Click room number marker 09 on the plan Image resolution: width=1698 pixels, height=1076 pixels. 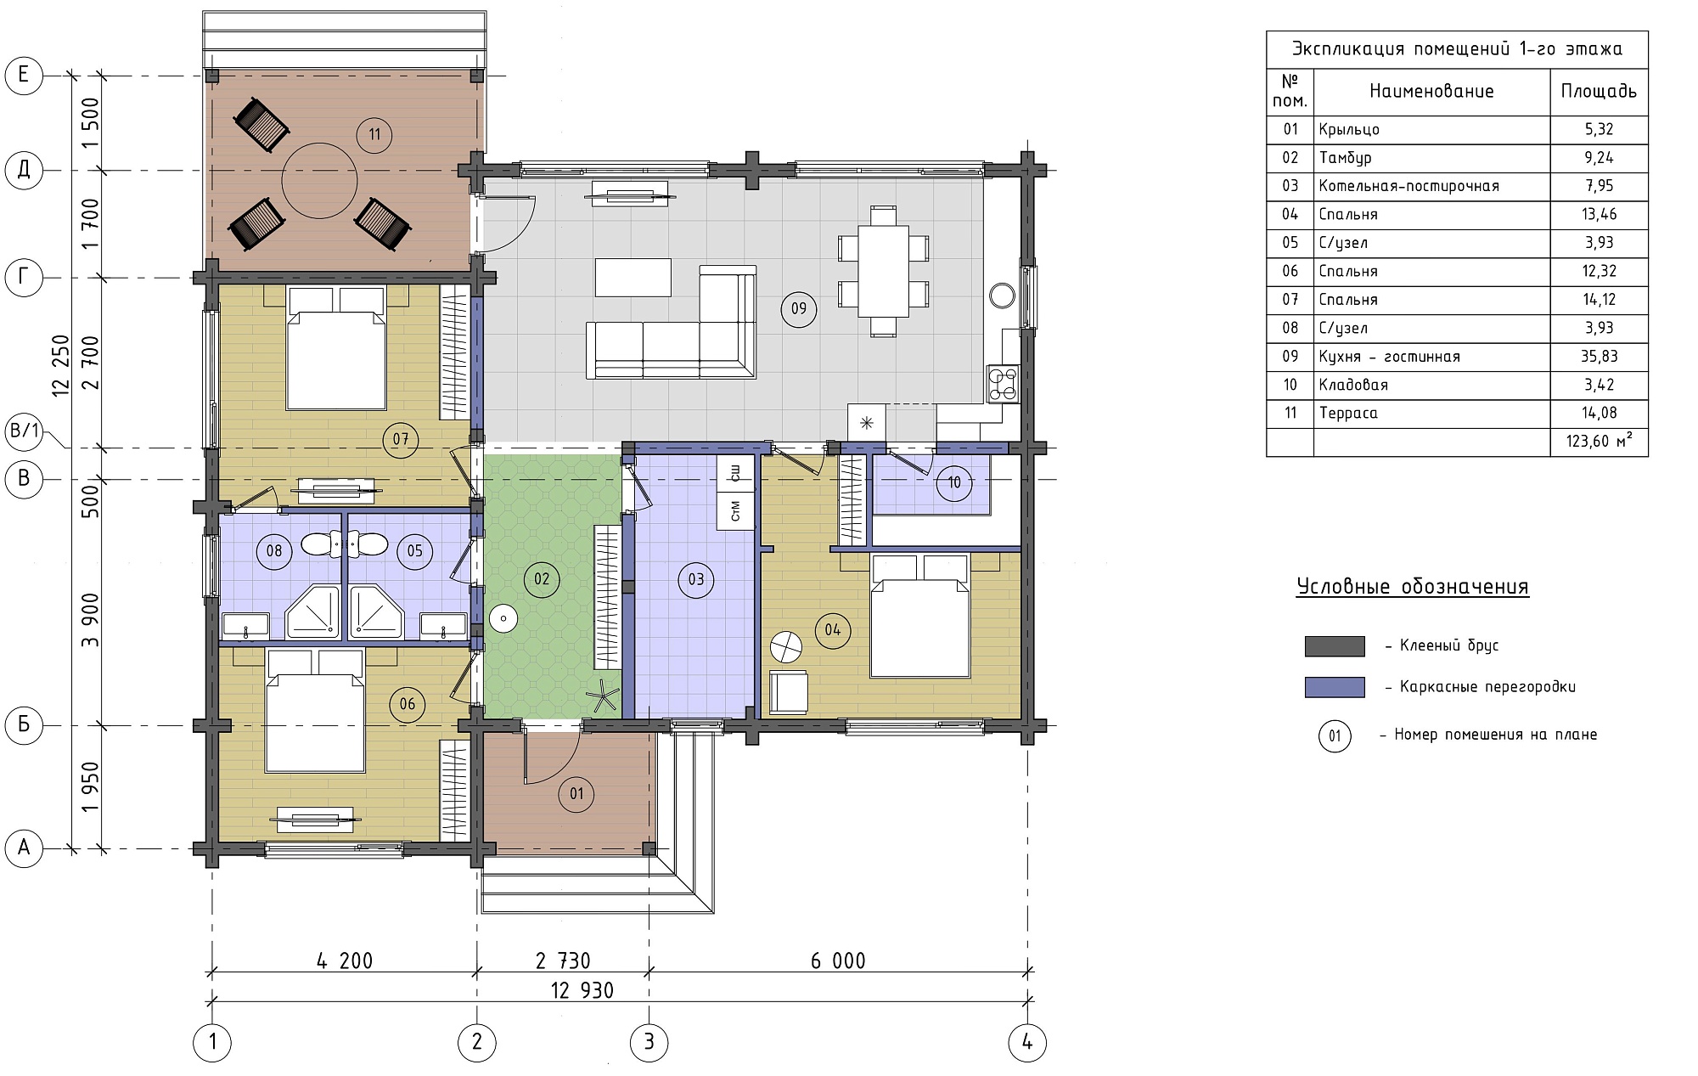tap(799, 308)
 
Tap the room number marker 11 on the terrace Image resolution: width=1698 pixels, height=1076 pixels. tap(374, 134)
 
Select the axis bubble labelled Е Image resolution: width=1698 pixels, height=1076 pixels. tap(24, 75)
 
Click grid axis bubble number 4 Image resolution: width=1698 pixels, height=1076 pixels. tap(1027, 1042)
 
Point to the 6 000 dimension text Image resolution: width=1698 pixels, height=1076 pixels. tap(838, 961)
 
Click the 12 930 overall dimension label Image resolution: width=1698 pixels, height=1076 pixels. tap(582, 990)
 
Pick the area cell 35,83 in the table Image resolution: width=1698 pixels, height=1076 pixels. tap(1599, 357)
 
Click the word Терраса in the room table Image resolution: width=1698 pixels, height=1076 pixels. tap(1348, 414)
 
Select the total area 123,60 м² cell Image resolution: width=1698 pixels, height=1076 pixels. tap(1600, 442)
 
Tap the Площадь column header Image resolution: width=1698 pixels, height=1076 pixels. tap(1599, 91)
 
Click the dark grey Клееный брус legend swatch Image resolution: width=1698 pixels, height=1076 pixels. tap(1335, 646)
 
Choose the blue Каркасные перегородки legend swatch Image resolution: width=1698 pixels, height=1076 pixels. tap(1335, 687)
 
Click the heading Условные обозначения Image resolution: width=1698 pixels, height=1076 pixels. tap(1413, 587)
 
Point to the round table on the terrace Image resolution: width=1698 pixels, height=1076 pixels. tap(319, 181)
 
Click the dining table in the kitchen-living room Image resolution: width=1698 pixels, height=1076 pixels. tap(883, 270)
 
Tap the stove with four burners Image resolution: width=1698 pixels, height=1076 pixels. tap(1003, 383)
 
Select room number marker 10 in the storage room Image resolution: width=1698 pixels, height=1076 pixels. tap(954, 482)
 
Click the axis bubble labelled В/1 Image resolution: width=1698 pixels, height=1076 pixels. tap(25, 431)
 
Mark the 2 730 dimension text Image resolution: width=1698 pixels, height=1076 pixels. tap(563, 961)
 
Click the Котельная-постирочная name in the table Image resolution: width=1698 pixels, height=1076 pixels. tap(1408, 186)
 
